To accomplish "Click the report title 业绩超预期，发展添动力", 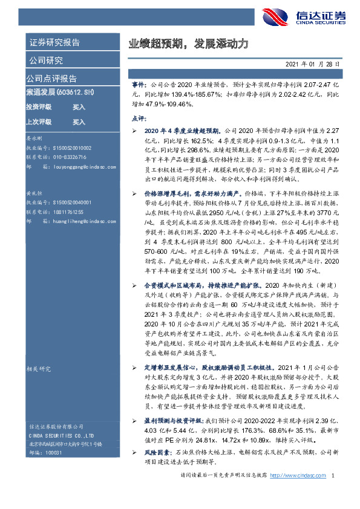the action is click(188, 44).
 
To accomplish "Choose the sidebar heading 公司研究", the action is click(45, 60).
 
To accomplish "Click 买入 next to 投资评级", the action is click(79, 107).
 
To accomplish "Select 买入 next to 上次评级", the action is click(79, 122).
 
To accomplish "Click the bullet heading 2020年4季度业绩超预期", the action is click(182, 131).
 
